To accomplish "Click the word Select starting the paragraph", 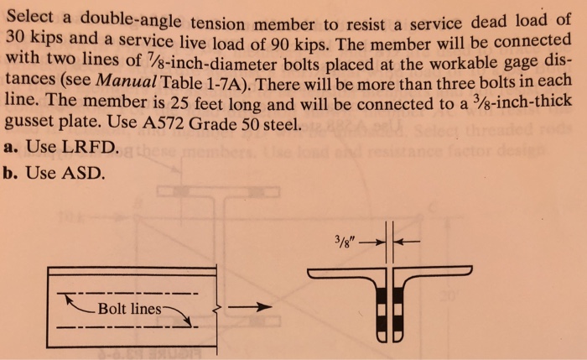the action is pos(30,17).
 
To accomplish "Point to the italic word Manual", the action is pos(126,81).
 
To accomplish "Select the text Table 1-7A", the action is pos(202,83).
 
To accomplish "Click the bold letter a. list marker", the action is pos(11,147).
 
